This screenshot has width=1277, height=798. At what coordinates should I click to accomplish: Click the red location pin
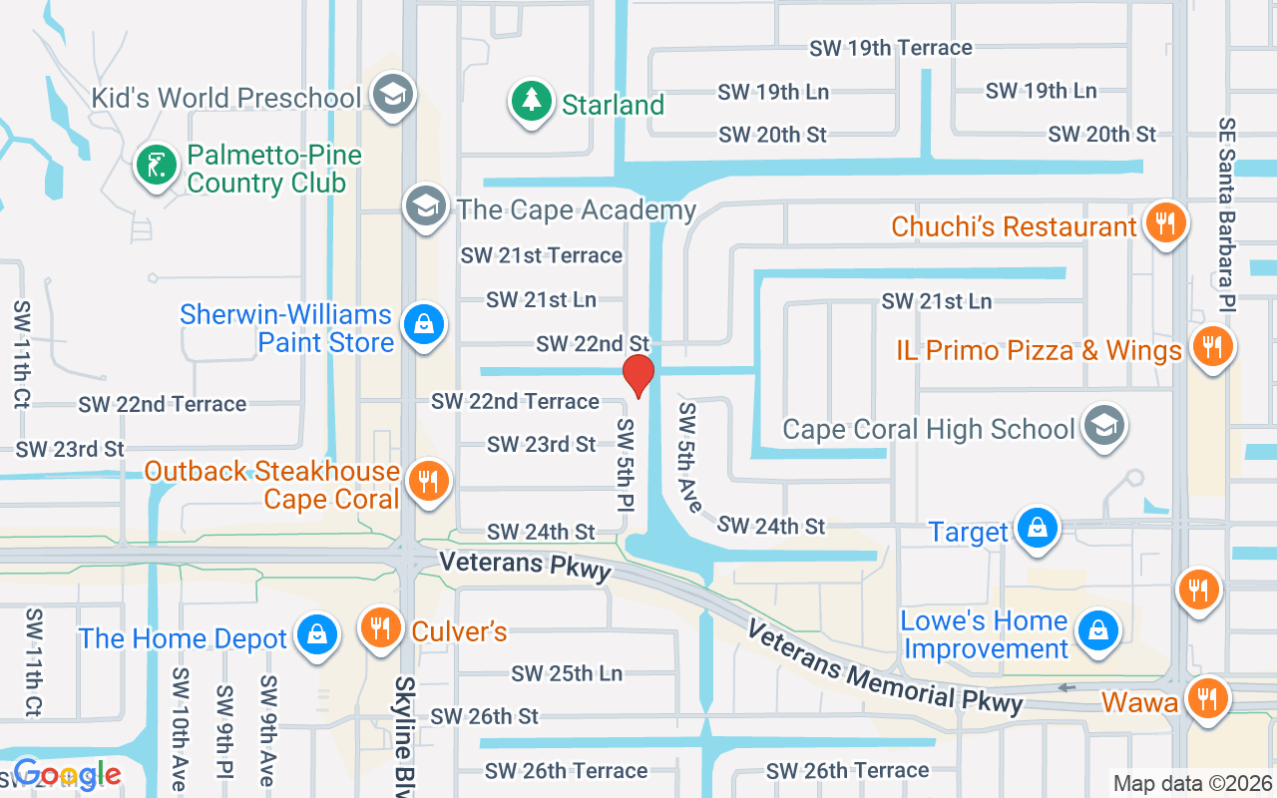click(x=638, y=375)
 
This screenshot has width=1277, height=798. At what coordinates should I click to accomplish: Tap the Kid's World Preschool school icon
click(x=392, y=95)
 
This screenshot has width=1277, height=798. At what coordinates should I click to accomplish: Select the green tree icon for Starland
click(x=532, y=102)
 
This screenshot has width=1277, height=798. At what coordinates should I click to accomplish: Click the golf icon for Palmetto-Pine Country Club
click(x=155, y=166)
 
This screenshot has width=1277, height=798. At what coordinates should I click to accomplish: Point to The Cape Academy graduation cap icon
click(x=424, y=206)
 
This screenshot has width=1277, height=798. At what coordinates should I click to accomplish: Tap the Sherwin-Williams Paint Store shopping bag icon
click(x=424, y=325)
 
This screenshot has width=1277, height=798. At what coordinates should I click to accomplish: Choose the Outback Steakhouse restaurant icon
click(x=429, y=483)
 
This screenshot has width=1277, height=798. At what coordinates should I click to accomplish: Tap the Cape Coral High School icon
click(x=1103, y=426)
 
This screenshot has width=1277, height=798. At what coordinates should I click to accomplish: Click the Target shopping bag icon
click(x=1038, y=529)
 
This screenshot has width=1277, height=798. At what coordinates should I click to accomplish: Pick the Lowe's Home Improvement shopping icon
click(x=1097, y=630)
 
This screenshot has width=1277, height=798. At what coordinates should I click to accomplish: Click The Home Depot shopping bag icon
click(x=317, y=635)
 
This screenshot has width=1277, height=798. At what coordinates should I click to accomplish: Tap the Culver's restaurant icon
click(x=380, y=628)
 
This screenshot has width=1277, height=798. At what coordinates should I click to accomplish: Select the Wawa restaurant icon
click(x=1207, y=698)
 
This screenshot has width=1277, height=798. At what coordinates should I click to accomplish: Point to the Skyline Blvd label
click(x=404, y=733)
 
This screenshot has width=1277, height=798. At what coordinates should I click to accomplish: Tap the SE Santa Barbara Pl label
click(x=1226, y=213)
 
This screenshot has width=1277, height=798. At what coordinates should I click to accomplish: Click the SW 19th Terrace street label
click(x=890, y=47)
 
